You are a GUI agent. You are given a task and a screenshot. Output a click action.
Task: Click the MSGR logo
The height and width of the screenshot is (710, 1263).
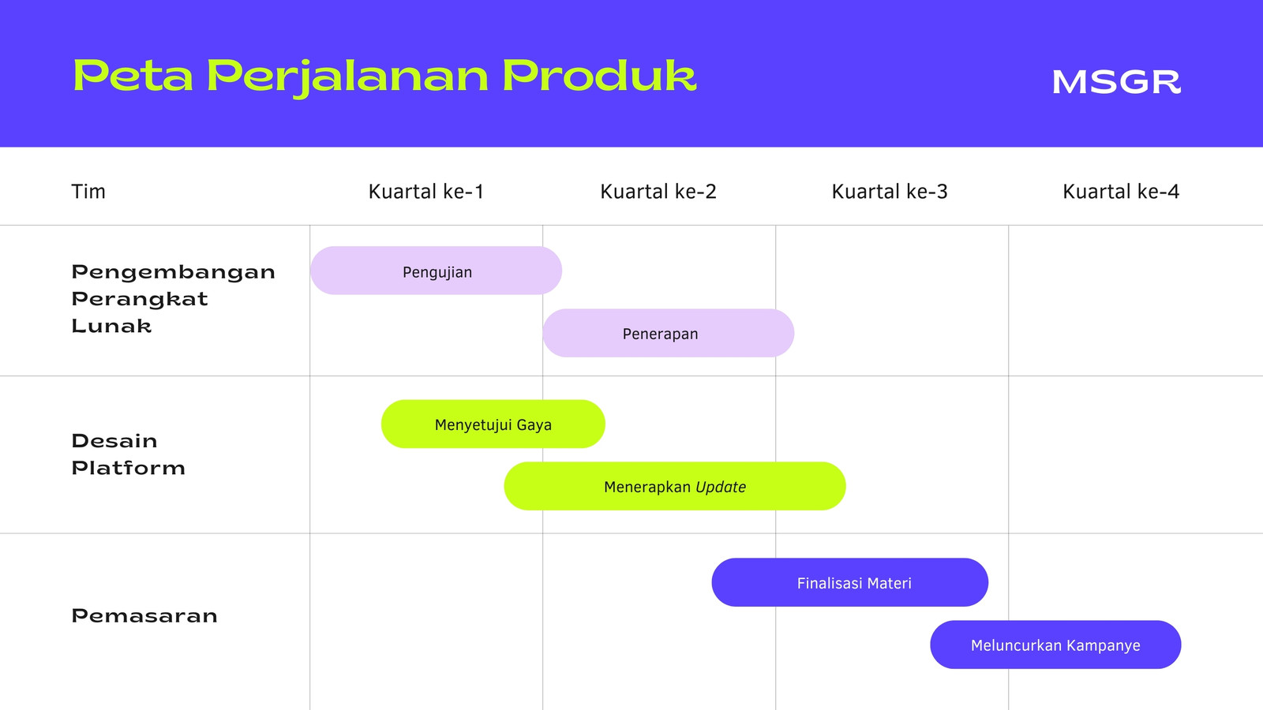1116,82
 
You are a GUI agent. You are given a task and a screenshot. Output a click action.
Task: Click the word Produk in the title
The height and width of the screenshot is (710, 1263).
599,76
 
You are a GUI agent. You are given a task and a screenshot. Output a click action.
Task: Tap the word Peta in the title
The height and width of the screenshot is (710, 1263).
133,76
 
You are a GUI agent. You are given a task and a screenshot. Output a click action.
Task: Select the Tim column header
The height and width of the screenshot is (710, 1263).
88,192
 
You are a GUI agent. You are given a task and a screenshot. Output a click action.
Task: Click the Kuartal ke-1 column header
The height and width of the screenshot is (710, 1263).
426,192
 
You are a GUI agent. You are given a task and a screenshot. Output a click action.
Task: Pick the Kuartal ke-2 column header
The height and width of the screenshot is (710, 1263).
658,192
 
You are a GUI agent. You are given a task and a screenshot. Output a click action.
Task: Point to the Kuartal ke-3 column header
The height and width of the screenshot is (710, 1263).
890,192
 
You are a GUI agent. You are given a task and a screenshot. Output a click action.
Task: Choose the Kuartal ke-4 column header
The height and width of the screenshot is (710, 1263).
1121,192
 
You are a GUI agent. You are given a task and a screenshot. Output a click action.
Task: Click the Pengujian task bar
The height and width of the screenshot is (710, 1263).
436,271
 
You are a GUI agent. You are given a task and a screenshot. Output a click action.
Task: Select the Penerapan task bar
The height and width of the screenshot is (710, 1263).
668,333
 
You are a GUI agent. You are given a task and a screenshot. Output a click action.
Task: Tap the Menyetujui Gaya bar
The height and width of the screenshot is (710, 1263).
493,424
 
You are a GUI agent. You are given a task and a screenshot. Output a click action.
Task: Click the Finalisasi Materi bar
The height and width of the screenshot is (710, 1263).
849,583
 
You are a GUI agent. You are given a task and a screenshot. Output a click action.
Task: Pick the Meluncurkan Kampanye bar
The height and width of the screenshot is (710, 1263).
1055,645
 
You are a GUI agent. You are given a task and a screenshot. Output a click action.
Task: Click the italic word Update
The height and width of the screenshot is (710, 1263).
721,487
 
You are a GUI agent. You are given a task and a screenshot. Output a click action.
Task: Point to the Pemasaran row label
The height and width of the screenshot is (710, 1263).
144,616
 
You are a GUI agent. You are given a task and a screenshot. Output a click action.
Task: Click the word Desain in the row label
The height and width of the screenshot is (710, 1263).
114,441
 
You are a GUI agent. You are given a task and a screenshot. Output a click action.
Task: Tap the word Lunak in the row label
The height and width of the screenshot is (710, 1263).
111,326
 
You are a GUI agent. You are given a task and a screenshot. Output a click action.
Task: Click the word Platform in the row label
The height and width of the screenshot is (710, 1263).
129,468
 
